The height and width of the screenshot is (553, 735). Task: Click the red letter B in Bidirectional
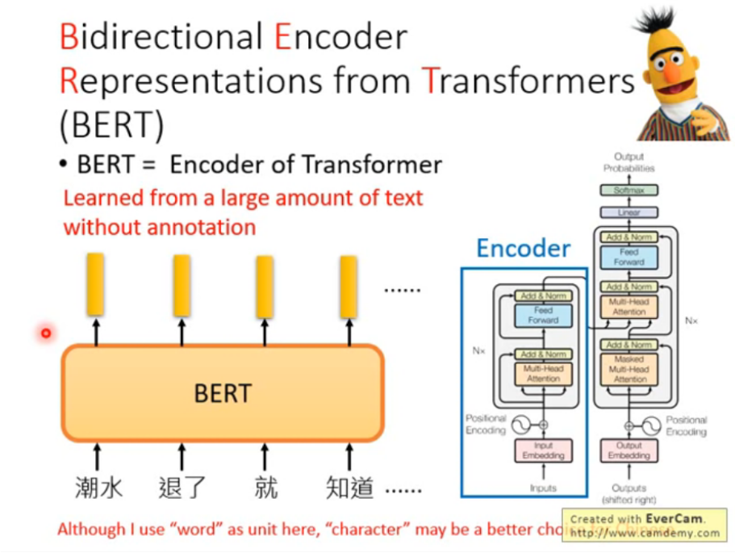(69, 38)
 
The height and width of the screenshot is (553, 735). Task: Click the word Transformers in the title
(528, 81)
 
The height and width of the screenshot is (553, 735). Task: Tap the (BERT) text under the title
(111, 125)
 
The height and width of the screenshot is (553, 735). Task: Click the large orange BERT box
(223, 393)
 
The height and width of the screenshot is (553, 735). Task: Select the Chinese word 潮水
(98, 488)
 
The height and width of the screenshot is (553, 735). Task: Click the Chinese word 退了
(182, 488)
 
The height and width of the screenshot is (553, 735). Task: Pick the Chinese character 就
(265, 488)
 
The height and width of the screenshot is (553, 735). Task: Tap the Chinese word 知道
(349, 488)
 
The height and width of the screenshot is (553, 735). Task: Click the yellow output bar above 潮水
(95, 284)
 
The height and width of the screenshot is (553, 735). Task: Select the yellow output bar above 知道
(349, 286)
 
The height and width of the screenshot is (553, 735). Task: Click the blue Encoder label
(523, 249)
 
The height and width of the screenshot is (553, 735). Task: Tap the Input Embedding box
(543, 450)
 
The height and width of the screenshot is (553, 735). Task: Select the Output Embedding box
(629, 450)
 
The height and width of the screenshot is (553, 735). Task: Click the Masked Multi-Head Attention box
(629, 369)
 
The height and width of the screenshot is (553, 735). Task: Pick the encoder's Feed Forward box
(543, 315)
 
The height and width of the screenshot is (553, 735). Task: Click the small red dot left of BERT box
(46, 333)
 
